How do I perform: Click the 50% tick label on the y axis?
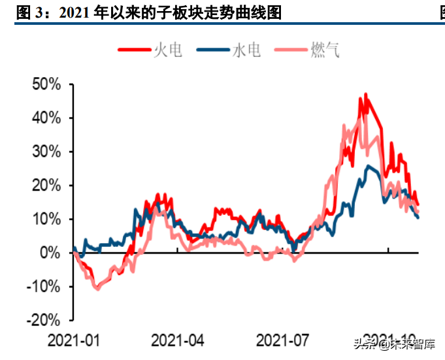pos(47,85)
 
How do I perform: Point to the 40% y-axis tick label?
pos(47,118)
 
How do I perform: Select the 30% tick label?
pos(47,152)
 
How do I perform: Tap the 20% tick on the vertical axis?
pos(47,186)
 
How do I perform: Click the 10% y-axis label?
pos(47,220)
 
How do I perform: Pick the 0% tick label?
pos(51,253)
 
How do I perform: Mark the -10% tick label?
pos(45,287)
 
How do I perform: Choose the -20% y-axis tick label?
pos(45,320)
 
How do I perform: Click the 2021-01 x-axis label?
pos(73,340)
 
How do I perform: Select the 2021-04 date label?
pos(177,340)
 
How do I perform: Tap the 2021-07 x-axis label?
pos(282,340)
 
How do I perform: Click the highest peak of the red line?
pos(366,94)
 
